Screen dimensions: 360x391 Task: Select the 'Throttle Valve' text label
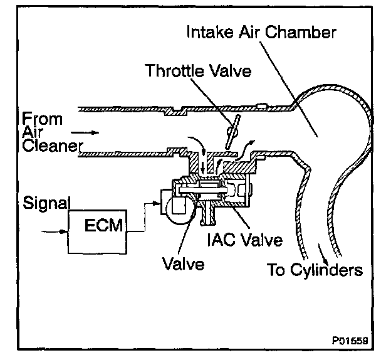tap(198, 70)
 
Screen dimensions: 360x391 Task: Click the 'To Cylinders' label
tap(315, 270)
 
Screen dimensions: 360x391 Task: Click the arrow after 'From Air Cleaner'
tap(85, 133)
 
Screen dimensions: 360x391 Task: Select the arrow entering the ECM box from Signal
tap(56, 231)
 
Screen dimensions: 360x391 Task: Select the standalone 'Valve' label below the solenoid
tap(182, 263)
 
